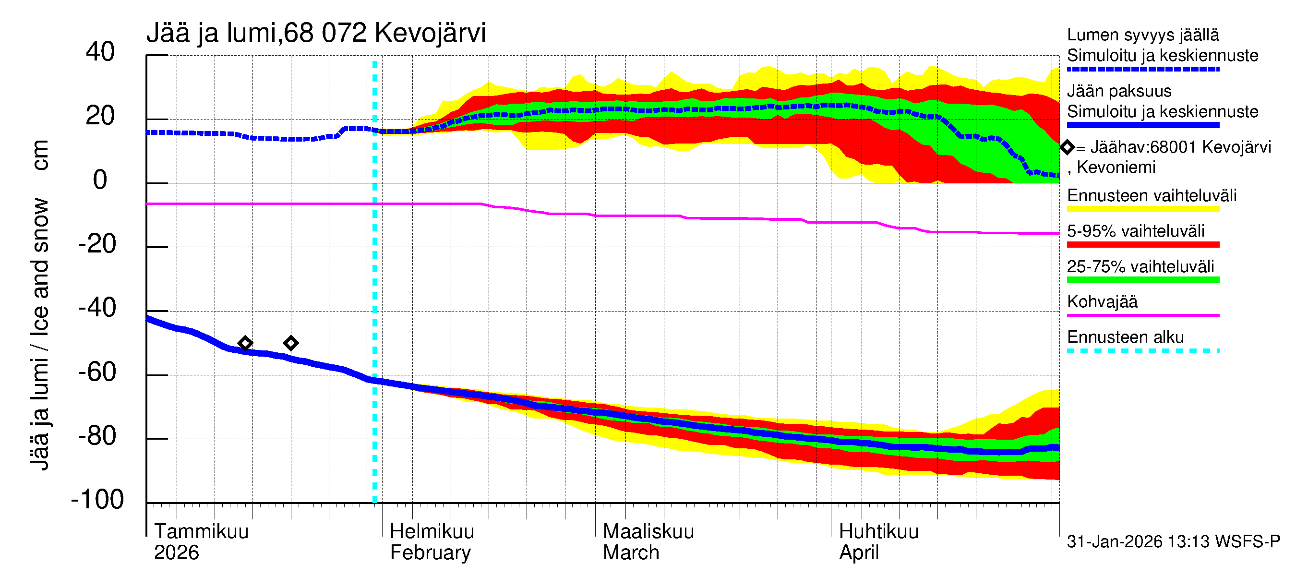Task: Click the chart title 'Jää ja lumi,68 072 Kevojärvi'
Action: pos(316,33)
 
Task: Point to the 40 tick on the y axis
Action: pos(100,52)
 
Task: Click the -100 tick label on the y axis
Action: pos(97,500)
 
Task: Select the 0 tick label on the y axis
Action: pos(100,180)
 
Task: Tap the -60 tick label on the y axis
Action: pos(97,372)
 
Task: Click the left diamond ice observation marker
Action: pos(245,344)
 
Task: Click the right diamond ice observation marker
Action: pos(291,343)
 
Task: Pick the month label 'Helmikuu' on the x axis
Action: pos(432,532)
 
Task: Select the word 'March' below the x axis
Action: pos(631,553)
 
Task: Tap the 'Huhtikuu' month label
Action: pos(878,532)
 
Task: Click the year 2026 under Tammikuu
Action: pos(176,553)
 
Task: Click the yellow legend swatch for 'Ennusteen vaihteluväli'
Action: pos(1142,209)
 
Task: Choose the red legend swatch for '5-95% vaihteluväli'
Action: pos(1142,244)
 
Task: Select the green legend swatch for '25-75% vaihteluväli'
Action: pos(1142,280)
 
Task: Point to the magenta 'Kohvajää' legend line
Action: pos(1142,315)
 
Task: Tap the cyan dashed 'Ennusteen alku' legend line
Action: pos(1142,350)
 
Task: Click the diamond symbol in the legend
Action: pos(1067,147)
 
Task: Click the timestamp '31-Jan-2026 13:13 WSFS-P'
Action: pos(1173,542)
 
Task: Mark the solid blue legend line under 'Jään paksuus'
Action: pos(1142,125)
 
